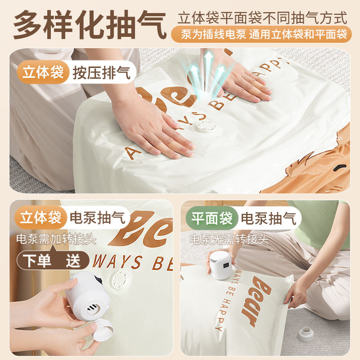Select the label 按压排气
(x=102, y=72)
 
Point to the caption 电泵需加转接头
(x=56, y=238)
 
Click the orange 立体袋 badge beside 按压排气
(x=43, y=72)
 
